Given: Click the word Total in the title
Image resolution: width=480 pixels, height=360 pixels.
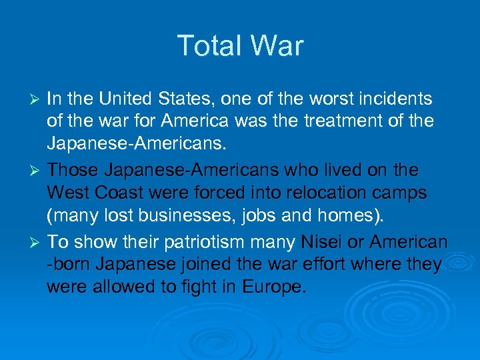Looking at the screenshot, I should pos(207,46).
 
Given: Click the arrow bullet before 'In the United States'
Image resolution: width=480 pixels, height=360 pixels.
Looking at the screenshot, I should pos(37,100).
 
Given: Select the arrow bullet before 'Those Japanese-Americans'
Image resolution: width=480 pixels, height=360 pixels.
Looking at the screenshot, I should pos(37,171).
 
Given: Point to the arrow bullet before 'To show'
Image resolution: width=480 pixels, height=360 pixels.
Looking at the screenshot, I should pos(37,243).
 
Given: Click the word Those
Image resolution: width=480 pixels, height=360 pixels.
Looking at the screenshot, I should pos(72,171).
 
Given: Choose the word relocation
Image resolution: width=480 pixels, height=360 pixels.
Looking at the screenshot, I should pos(313,193).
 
